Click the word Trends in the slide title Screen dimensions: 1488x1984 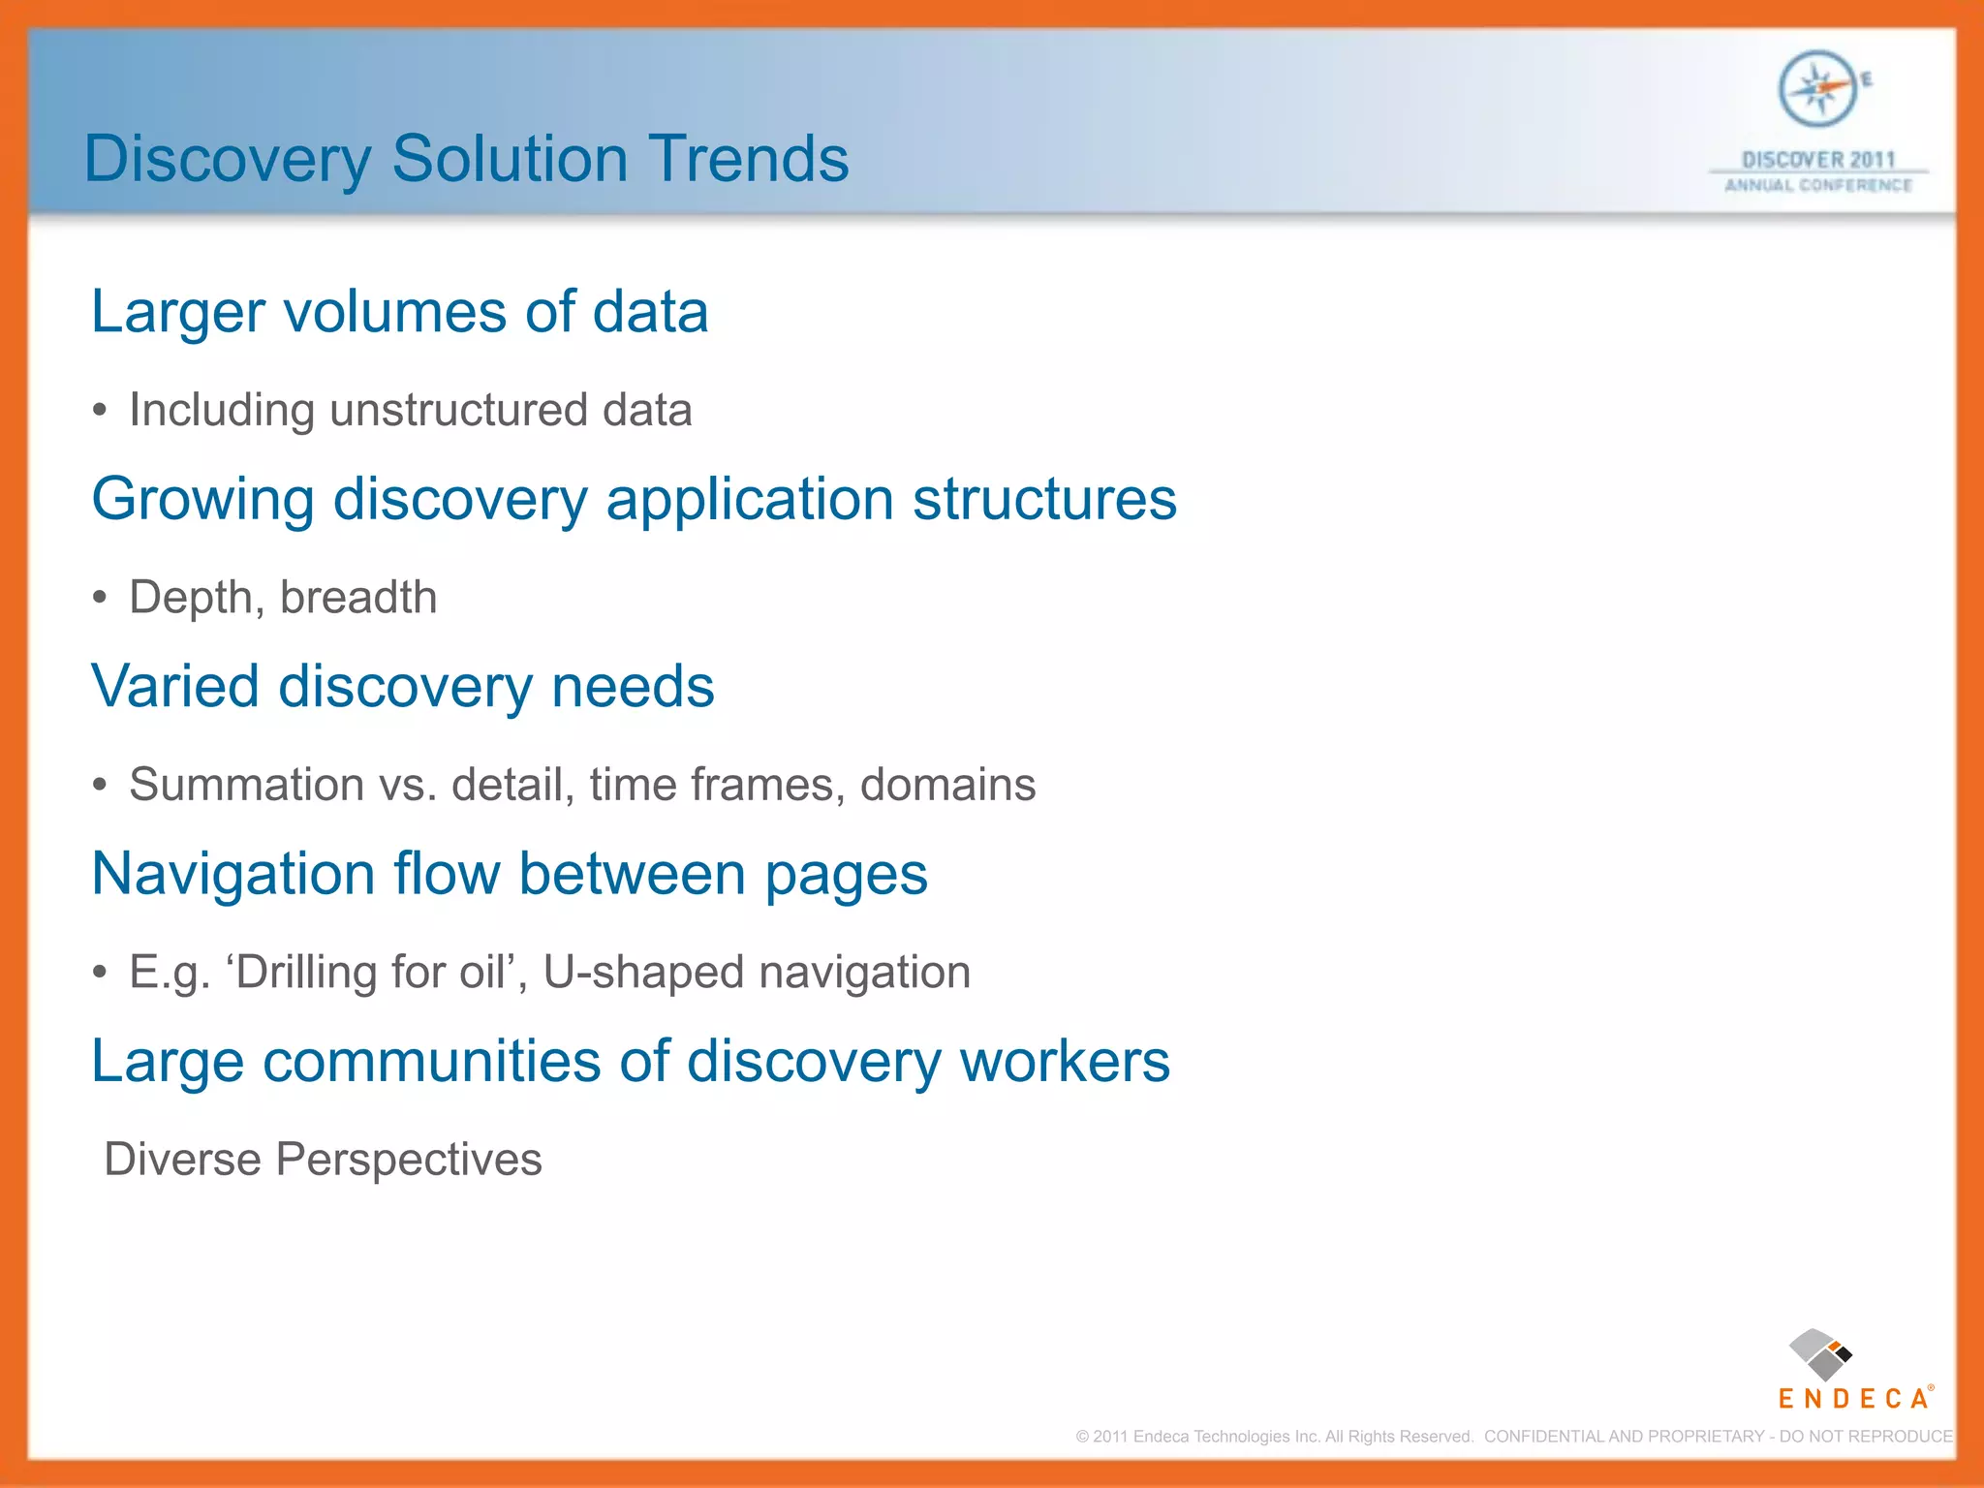(x=748, y=159)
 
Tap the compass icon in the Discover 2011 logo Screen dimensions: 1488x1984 (x=1817, y=89)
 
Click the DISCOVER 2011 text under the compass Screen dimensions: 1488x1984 (x=1818, y=159)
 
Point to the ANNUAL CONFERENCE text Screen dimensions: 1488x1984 (x=1818, y=185)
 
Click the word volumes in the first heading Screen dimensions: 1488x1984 (x=394, y=312)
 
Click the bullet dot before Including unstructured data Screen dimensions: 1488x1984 (x=100, y=411)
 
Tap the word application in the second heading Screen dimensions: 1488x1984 (x=750, y=500)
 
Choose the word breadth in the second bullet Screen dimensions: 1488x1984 (x=358, y=597)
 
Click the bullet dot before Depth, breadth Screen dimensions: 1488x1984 (x=100, y=598)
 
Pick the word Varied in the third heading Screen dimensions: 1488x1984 (x=175, y=687)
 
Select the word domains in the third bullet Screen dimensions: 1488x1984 (x=947, y=785)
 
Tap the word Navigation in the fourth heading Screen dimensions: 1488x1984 (x=233, y=875)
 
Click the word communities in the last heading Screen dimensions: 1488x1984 (x=431, y=1062)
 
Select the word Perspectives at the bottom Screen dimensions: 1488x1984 (x=409, y=1160)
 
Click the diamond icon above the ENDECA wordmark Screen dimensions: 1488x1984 (x=1820, y=1354)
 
